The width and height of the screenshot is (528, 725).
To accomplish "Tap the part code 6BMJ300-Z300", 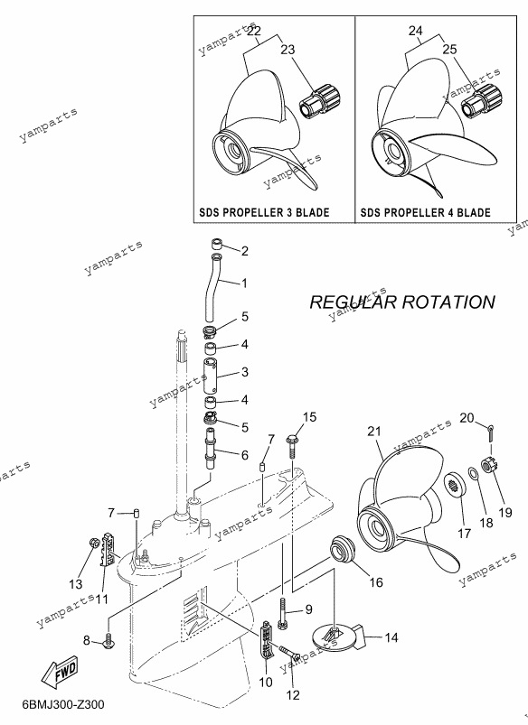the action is tap(63, 704).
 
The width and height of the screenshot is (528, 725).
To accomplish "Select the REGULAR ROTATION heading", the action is tap(402, 302).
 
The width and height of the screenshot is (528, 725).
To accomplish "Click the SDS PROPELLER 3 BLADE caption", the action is tap(265, 213).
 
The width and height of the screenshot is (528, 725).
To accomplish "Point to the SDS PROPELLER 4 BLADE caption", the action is tap(426, 213).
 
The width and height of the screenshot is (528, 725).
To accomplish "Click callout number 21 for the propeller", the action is tap(374, 432).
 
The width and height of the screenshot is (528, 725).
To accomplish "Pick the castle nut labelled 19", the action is tap(487, 465).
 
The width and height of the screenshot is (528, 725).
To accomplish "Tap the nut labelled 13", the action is tap(93, 543).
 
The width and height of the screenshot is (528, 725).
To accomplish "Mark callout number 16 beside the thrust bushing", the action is tap(376, 581).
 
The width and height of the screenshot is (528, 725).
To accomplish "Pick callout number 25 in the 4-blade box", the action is tap(449, 50).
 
